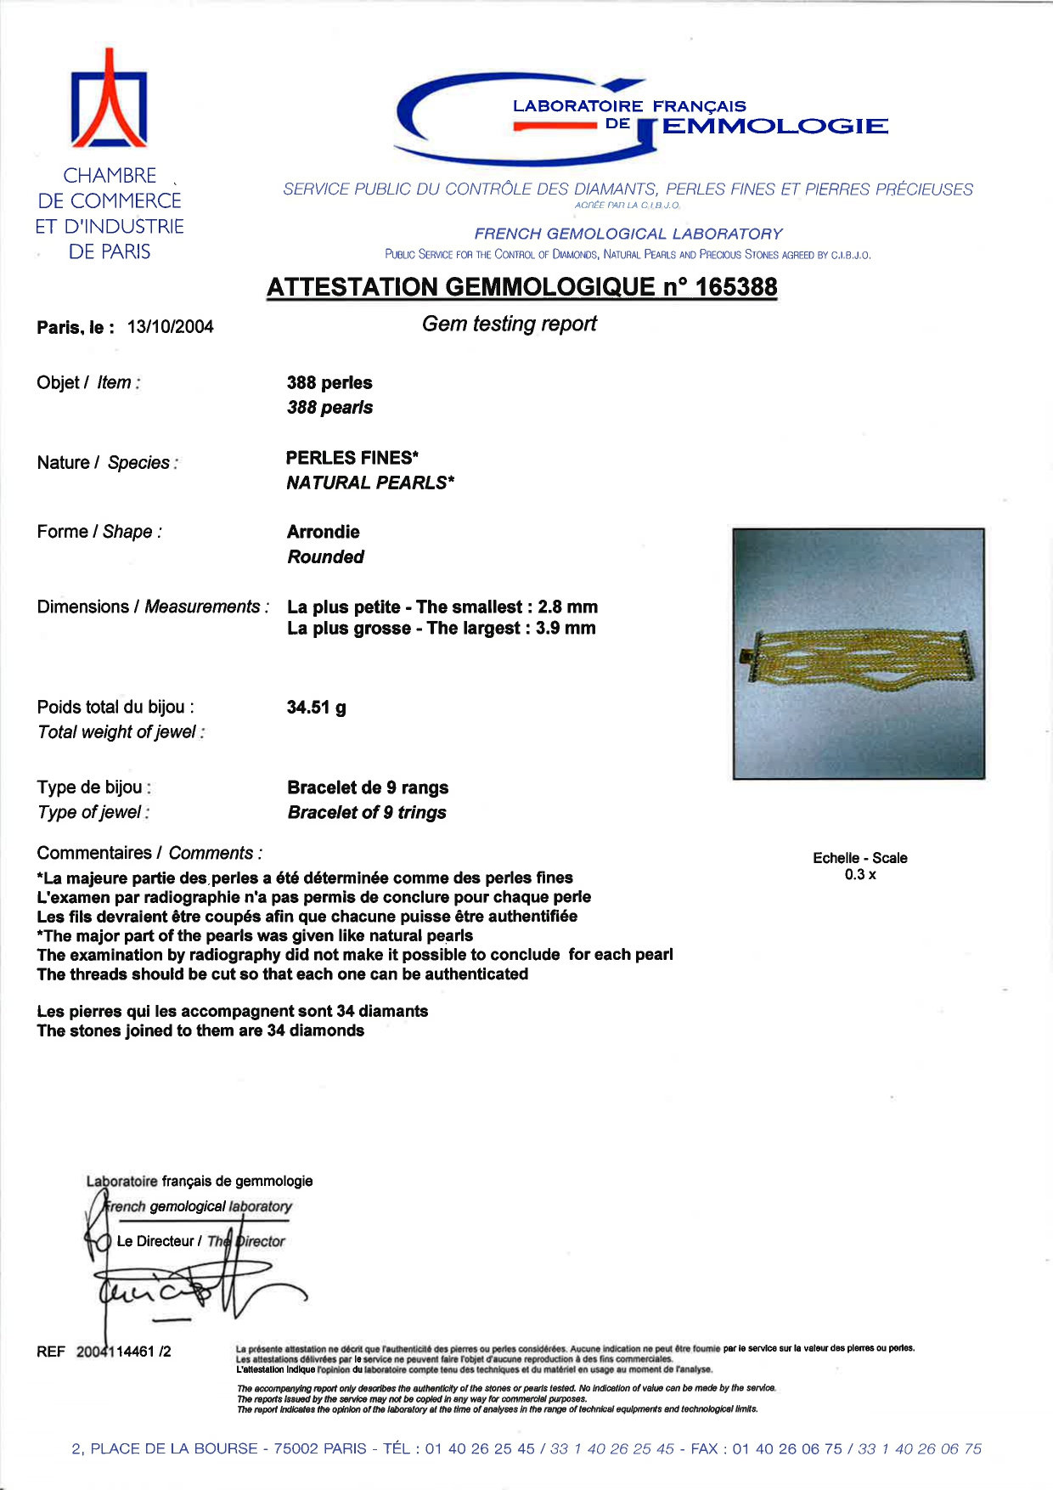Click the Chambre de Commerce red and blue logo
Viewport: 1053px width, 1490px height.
click(109, 99)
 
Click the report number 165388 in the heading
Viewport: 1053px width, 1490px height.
click(735, 287)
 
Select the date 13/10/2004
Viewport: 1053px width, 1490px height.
click(170, 327)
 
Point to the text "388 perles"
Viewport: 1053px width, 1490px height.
click(329, 383)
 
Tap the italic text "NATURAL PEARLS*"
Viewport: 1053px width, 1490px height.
click(370, 483)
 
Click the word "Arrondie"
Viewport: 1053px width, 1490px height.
click(324, 532)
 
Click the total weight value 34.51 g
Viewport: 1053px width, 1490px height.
click(316, 708)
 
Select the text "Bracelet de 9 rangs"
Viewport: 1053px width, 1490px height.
click(368, 787)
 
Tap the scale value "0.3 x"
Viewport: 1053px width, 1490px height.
click(860, 875)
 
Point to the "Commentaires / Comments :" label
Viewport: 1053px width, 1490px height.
click(149, 853)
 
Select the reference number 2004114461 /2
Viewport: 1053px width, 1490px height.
click(123, 1352)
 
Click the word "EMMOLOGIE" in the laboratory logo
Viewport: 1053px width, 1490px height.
click(774, 127)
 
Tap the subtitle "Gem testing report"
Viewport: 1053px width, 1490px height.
click(510, 324)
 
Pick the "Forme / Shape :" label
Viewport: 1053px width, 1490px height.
click(99, 532)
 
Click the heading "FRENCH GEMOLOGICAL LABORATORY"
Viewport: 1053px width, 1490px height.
click(628, 234)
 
